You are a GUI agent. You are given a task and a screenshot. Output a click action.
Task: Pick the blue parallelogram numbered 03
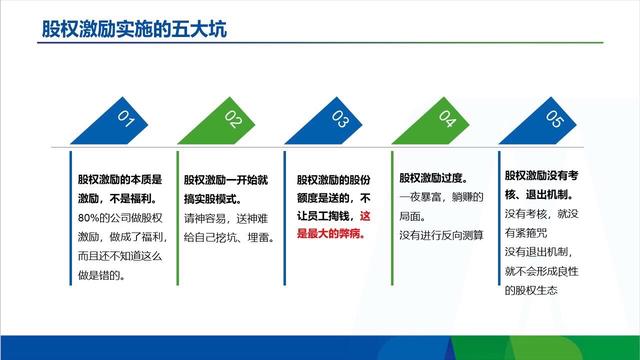pos(339,120)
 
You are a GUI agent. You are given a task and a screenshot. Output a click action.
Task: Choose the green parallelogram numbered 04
pos(446,120)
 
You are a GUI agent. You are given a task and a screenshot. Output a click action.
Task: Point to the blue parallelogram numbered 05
pos(553,120)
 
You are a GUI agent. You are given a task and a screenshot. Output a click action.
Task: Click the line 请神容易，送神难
pos(224,218)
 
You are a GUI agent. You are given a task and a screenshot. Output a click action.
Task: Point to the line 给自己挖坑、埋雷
pos(224,236)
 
